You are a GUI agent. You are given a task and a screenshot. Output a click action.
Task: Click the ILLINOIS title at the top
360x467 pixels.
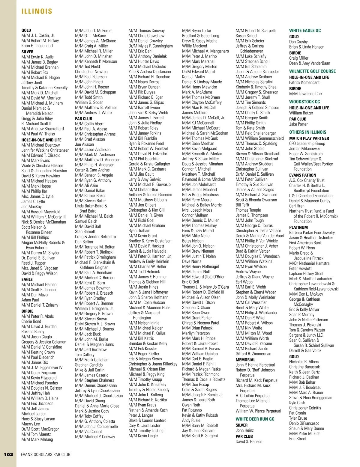[x=37, y=11]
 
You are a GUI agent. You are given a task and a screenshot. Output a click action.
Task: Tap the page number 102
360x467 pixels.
[x=8, y=454]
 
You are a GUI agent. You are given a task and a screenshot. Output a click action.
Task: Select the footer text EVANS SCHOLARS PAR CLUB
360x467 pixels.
[x=46, y=454]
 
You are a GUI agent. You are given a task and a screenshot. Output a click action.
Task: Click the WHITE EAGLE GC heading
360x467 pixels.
[x=305, y=31]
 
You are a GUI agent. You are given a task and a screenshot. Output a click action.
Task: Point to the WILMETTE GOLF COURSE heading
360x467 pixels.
[x=312, y=71]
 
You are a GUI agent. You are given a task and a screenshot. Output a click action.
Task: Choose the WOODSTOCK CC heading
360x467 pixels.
[x=304, y=102]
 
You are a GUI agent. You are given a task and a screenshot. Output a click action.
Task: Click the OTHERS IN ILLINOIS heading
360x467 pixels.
[x=307, y=132]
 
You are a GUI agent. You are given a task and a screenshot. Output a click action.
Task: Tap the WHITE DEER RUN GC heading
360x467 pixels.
[x=255, y=419]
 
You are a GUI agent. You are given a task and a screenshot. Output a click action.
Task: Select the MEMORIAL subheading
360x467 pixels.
[x=245, y=360]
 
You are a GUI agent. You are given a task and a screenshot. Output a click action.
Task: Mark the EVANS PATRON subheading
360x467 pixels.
[x=302, y=175]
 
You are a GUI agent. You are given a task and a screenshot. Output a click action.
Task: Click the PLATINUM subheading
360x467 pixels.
[x=298, y=227]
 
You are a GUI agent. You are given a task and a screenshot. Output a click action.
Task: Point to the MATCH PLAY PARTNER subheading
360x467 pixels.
[x=309, y=138]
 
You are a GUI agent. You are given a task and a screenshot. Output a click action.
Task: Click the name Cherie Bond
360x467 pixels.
[x=31, y=321]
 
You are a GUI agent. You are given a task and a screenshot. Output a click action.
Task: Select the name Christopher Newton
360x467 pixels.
[x=91, y=72]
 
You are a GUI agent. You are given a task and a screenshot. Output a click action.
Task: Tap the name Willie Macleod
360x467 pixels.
[x=194, y=46]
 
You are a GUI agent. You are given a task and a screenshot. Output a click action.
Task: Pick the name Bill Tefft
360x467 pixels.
[x=242, y=205]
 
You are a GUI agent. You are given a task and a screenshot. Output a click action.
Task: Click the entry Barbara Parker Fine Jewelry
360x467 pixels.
[x=312, y=233]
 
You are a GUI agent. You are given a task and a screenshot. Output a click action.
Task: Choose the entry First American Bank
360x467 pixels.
[x=305, y=243]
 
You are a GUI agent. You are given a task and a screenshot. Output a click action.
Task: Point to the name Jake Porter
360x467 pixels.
[x=298, y=124]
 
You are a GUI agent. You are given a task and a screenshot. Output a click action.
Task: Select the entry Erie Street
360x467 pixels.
[x=298, y=439]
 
